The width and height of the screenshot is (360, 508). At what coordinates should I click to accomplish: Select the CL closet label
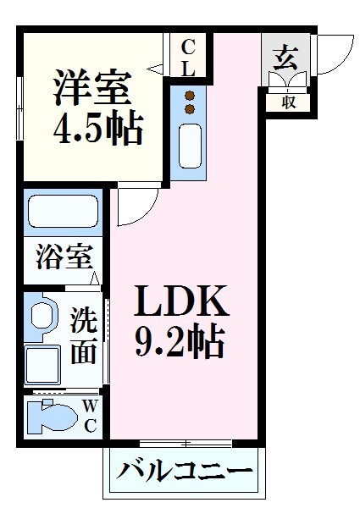(188, 57)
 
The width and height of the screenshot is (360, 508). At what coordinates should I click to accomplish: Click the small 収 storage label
(288, 102)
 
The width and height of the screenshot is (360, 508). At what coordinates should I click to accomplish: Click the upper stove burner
(191, 95)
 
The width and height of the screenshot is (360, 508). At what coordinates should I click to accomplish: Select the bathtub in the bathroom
(64, 211)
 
